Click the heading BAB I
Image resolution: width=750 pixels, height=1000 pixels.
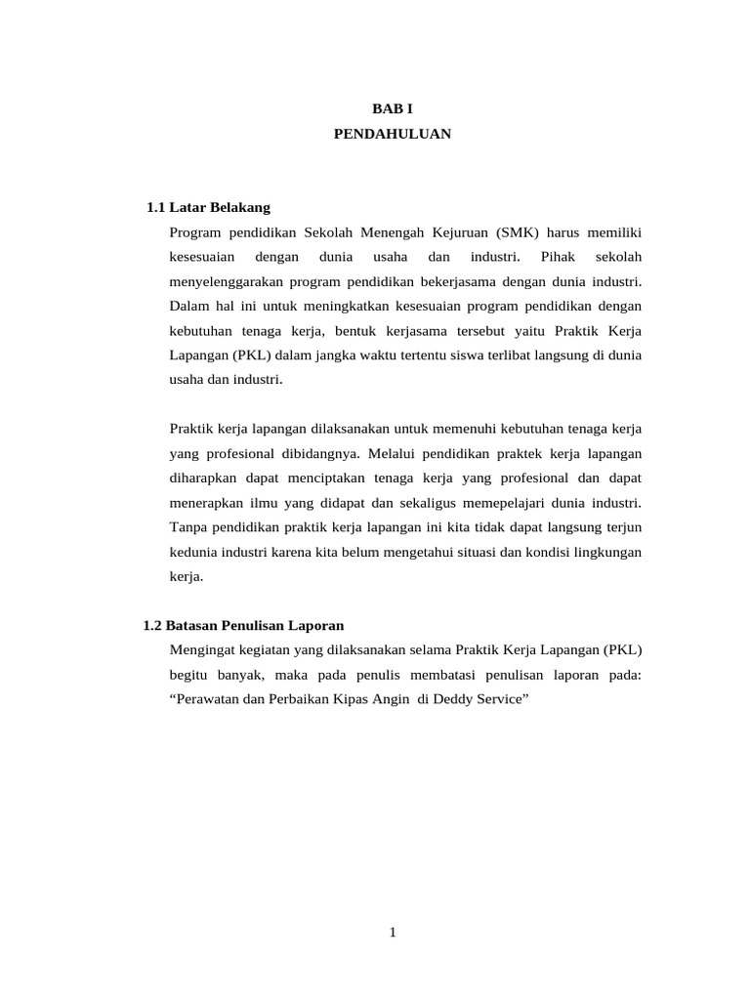[x=392, y=109]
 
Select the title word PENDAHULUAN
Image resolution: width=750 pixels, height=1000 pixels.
[x=392, y=134]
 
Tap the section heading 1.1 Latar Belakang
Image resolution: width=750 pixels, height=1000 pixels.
[x=208, y=208]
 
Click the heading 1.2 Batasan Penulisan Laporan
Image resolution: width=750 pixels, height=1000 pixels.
[x=243, y=625]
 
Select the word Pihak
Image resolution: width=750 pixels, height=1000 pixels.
[x=556, y=257]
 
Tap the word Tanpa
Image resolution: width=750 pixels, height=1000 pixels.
[x=187, y=527]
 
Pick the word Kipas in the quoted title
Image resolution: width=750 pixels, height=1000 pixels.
[x=340, y=698]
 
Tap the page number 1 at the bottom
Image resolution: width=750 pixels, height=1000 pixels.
[x=392, y=933]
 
